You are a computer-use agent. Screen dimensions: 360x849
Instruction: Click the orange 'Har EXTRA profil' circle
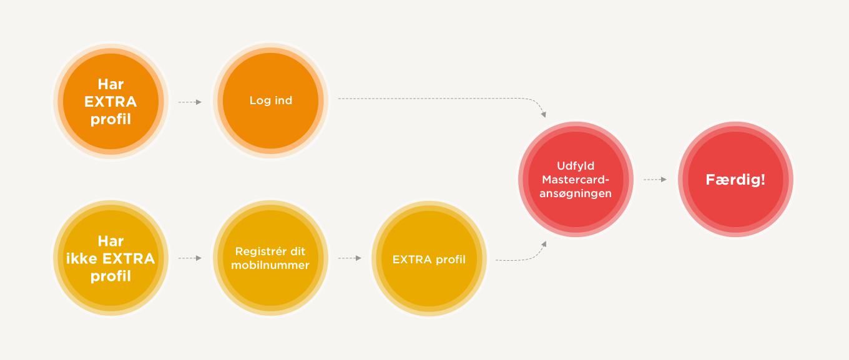pyautogui.click(x=111, y=102)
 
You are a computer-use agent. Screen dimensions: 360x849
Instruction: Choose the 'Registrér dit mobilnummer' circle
pyautogui.click(x=270, y=258)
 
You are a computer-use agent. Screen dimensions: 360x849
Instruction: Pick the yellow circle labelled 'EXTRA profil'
pyautogui.click(x=429, y=258)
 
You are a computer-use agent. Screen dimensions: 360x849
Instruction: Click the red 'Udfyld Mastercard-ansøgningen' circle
pyautogui.click(x=576, y=179)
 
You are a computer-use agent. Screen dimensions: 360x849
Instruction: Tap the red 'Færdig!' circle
pyautogui.click(x=735, y=179)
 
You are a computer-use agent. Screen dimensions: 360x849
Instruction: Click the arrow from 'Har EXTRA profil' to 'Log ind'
pyautogui.click(x=190, y=102)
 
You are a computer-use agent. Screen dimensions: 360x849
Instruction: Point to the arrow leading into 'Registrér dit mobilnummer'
pyautogui.click(x=190, y=258)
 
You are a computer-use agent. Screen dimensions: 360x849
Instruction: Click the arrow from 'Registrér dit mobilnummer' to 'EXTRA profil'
pyautogui.click(x=350, y=258)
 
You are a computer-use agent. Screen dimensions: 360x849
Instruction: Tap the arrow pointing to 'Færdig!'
pyautogui.click(x=655, y=179)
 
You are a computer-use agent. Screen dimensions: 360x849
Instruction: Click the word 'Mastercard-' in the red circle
pyautogui.click(x=576, y=180)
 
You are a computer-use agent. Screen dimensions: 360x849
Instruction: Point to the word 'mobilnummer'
pyautogui.click(x=270, y=265)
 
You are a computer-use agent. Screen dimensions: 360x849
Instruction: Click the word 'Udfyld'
pyautogui.click(x=576, y=166)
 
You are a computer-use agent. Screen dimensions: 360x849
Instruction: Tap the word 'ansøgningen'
pyautogui.click(x=576, y=193)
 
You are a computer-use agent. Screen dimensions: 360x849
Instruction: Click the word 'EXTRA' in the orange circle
pyautogui.click(x=111, y=102)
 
